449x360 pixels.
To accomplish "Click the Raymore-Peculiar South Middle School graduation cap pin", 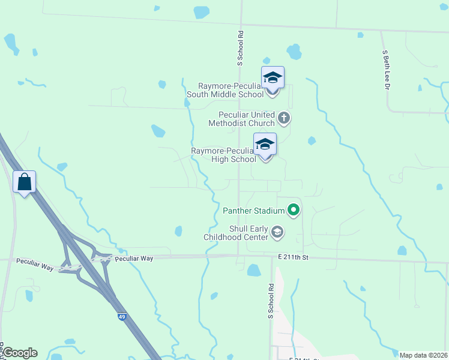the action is tap(273, 79).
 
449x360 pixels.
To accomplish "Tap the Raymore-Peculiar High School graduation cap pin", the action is tap(265, 145).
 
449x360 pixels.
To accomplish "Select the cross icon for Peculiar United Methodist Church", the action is tap(284, 118).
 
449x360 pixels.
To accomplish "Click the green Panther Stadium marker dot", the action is tap(294, 210).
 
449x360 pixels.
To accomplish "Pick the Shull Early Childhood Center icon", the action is tap(277, 232).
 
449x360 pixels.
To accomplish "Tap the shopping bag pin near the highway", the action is tap(24, 182).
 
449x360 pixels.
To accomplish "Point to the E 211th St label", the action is tap(293, 257).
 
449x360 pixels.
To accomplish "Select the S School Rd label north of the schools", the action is tap(240, 48).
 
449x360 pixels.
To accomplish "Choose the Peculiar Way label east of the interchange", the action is tap(134, 258).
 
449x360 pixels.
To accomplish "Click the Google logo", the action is tap(20, 352).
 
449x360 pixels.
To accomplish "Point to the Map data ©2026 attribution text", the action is tap(423, 355).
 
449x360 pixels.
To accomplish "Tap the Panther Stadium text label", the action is tap(253, 211).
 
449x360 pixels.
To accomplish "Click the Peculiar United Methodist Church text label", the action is tap(241, 119).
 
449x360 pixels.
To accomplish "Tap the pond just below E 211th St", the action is tap(254, 271).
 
